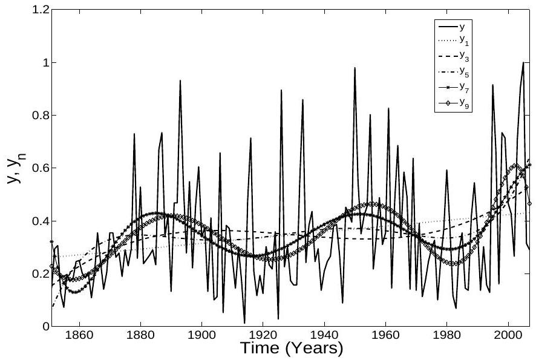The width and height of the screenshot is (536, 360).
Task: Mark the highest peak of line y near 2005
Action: coord(523,62)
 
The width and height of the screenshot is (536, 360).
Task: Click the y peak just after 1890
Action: coord(180,80)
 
